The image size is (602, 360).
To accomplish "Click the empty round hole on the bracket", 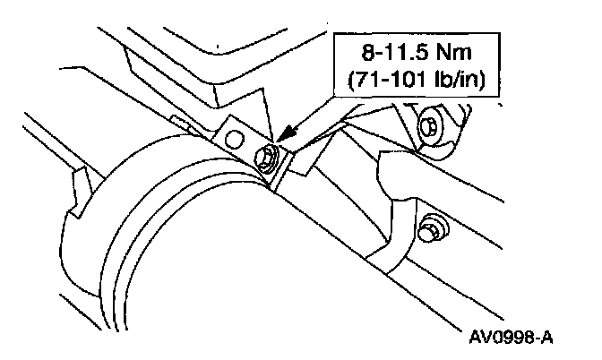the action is tap(235, 138).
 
